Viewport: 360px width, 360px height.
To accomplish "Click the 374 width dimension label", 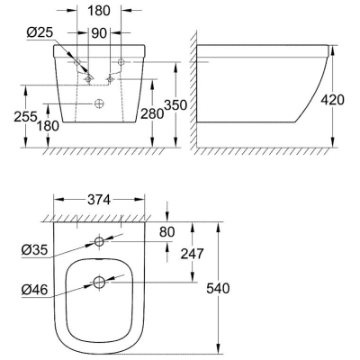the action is tap(99, 200).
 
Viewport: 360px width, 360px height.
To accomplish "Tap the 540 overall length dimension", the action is tap(218, 288).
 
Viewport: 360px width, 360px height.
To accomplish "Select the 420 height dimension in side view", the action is tap(333, 100).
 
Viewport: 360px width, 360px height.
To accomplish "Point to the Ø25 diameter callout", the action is tap(40, 32).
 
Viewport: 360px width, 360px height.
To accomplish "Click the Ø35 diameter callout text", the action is tap(34, 249).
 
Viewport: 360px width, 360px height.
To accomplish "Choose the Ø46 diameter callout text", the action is tap(34, 290).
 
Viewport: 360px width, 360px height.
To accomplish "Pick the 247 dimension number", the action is tap(192, 254).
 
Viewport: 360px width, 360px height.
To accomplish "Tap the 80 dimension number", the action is tap(166, 232).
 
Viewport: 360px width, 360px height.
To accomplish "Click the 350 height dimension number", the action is tap(175, 105).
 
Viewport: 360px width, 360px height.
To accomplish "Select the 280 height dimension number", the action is tap(152, 114).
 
